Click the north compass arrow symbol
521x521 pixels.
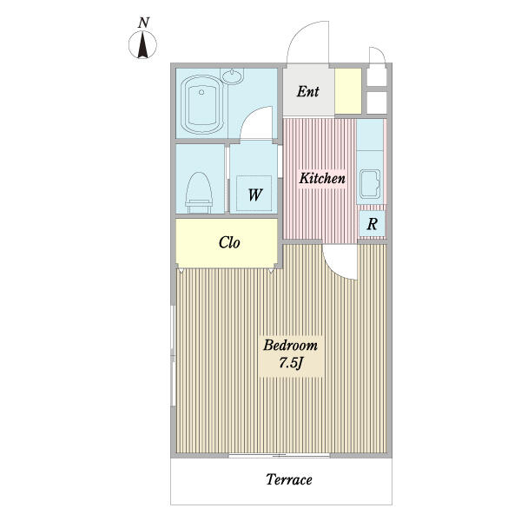(x=143, y=45)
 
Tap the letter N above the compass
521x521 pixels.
(x=143, y=23)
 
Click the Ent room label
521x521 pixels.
(x=308, y=91)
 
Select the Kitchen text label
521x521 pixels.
(x=322, y=178)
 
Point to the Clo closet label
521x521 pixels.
(x=229, y=242)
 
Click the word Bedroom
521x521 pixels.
(x=290, y=346)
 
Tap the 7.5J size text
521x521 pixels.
(x=290, y=363)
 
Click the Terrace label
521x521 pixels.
(x=289, y=479)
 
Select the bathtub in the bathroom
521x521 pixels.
(x=201, y=104)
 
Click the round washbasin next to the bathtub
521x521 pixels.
(x=233, y=76)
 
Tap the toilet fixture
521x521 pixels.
(x=199, y=193)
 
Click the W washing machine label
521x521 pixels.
(x=255, y=195)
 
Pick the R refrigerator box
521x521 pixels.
(x=373, y=224)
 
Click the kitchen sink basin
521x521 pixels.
(x=370, y=184)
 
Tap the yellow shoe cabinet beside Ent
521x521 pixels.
(x=348, y=91)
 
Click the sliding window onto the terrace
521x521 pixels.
(x=279, y=456)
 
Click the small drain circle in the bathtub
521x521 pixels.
(x=201, y=92)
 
